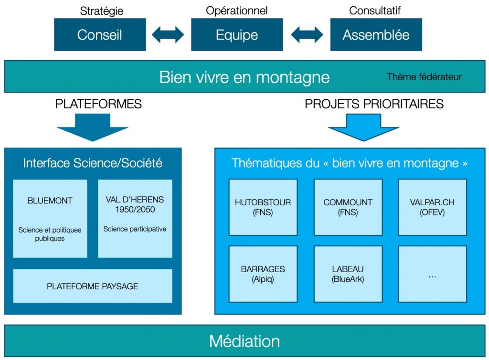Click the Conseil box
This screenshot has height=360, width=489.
click(x=99, y=34)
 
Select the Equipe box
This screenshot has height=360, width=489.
click(x=237, y=34)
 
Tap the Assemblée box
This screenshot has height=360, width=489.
click(x=376, y=34)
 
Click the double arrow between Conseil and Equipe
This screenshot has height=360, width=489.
click(x=168, y=34)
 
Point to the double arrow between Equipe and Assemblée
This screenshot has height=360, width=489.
click(x=307, y=34)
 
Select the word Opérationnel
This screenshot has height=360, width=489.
click(x=237, y=10)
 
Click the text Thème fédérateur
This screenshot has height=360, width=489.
click(x=424, y=76)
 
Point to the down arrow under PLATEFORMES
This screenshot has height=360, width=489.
click(x=92, y=127)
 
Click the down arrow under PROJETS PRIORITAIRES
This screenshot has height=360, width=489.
click(x=363, y=127)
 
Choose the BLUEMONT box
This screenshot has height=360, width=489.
click(x=50, y=218)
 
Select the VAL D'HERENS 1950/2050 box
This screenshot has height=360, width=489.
click(x=135, y=218)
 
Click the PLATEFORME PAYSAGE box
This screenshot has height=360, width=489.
click(x=92, y=286)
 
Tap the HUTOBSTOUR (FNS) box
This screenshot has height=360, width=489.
click(x=263, y=207)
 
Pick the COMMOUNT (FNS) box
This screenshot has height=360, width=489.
click(x=348, y=207)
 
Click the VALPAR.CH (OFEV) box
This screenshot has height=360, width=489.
click(x=432, y=207)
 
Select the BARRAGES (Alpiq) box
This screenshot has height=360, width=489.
click(x=263, y=274)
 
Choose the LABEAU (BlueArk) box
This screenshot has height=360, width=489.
click(x=348, y=274)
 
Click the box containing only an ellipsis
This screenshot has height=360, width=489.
click(x=432, y=274)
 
